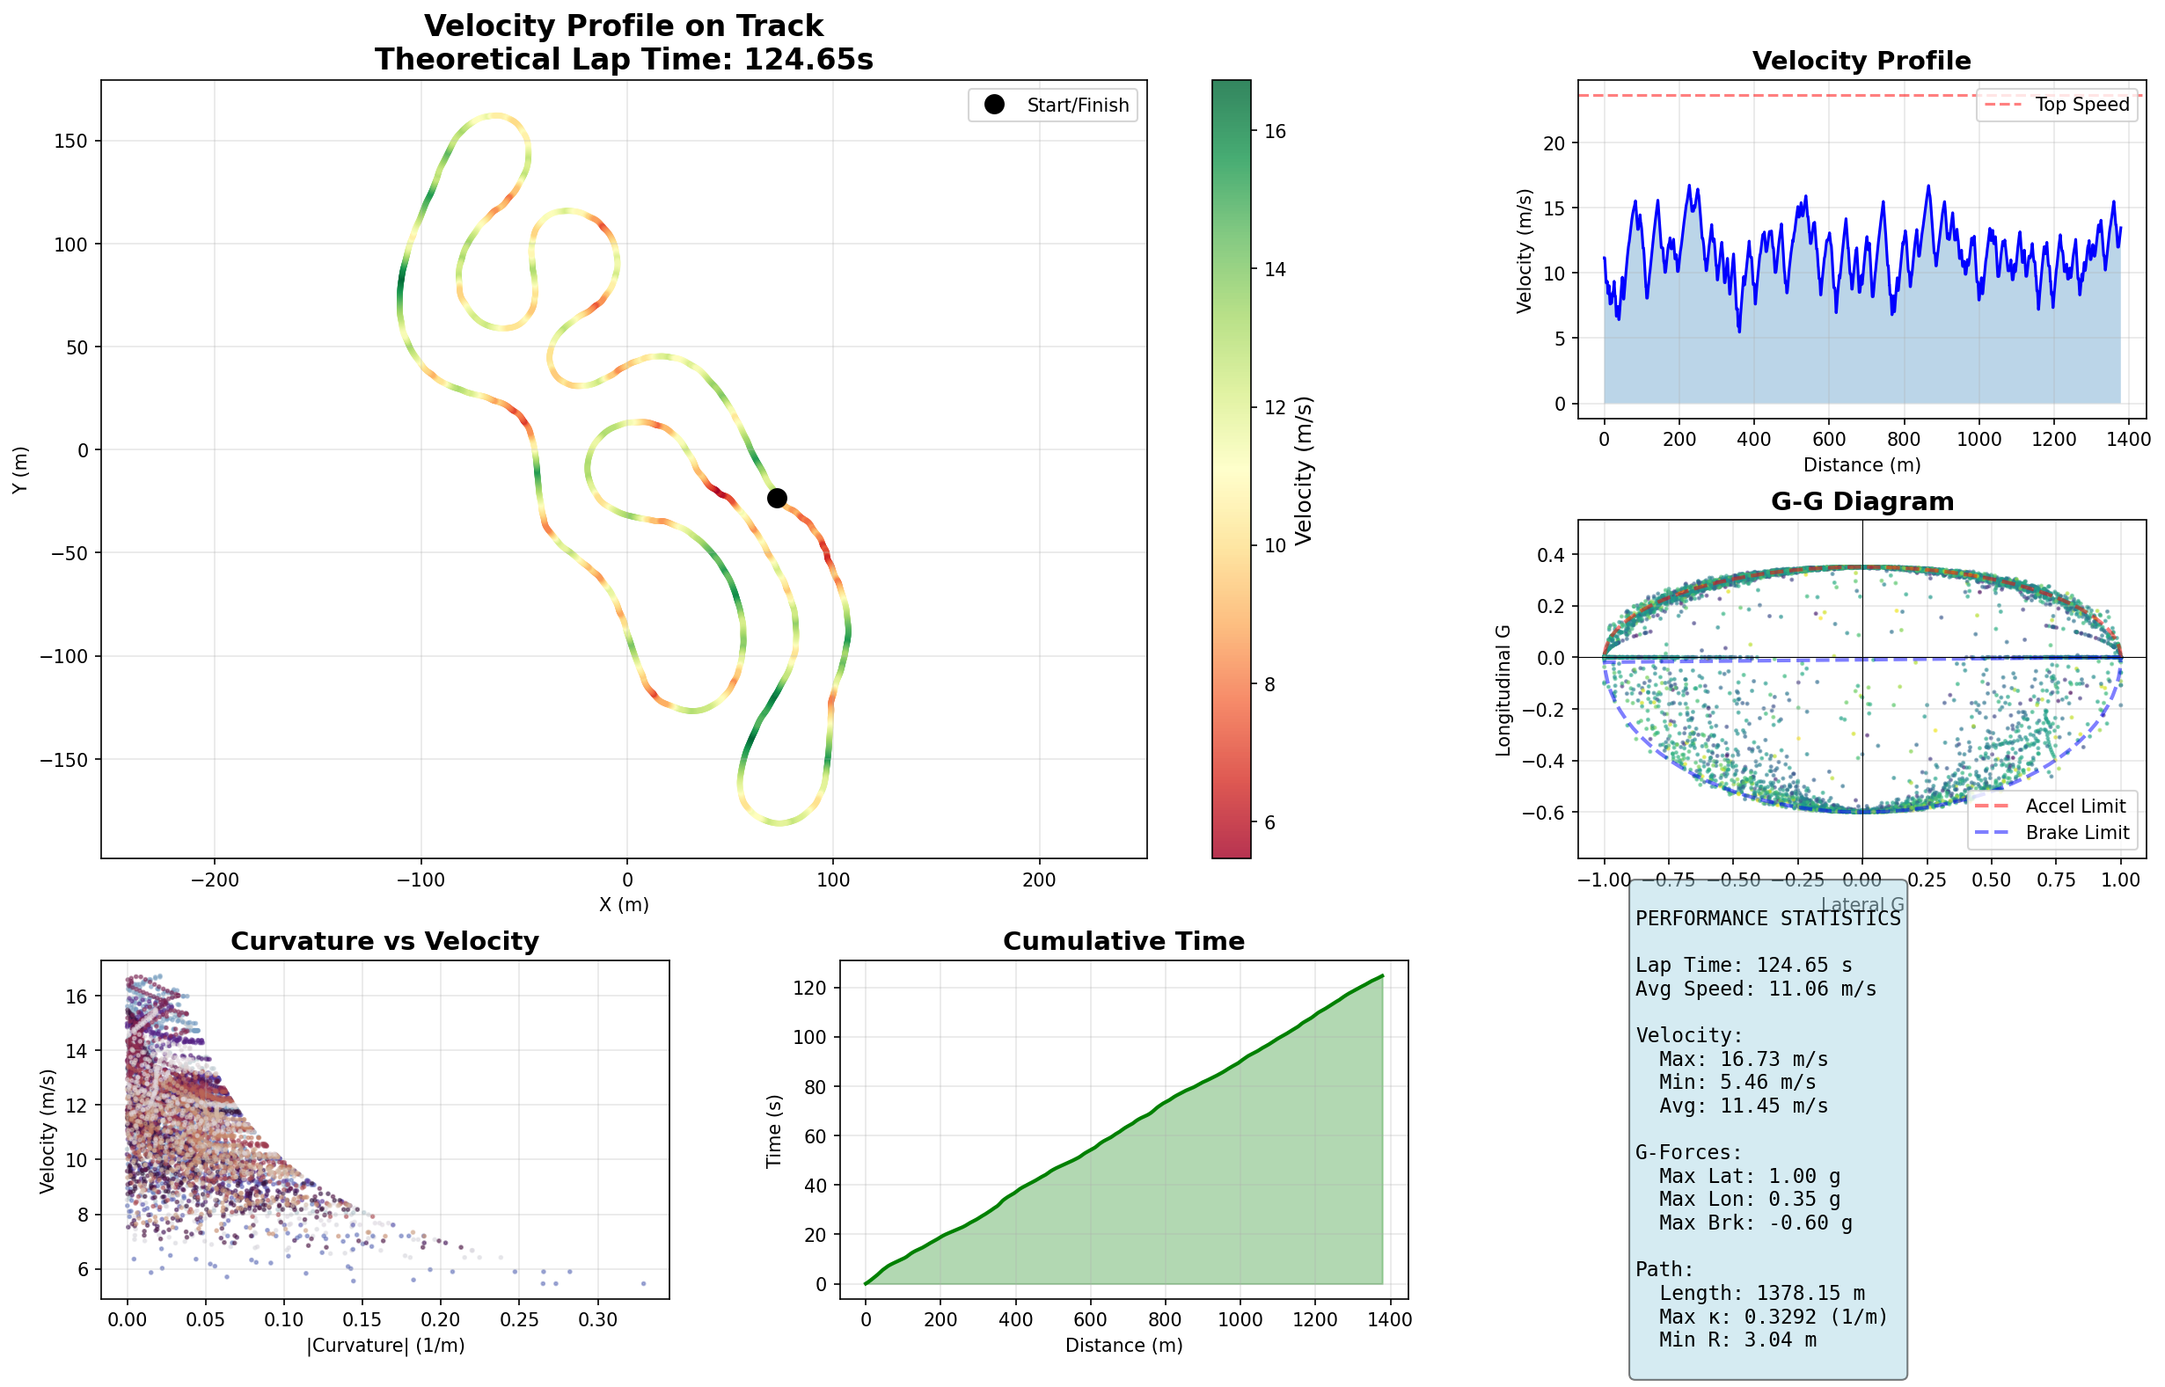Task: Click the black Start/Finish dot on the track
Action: click(777, 498)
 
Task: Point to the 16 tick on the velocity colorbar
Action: click(1275, 132)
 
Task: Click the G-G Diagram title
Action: click(1861, 501)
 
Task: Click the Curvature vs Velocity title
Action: click(384, 941)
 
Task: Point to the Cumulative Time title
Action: click(1123, 941)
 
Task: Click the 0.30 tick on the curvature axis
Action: click(597, 1320)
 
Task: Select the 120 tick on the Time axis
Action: click(808, 988)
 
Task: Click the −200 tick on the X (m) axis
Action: click(216, 880)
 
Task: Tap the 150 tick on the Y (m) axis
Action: click(70, 142)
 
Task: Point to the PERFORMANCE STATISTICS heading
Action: click(1767, 919)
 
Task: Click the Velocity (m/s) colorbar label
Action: click(1303, 471)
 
